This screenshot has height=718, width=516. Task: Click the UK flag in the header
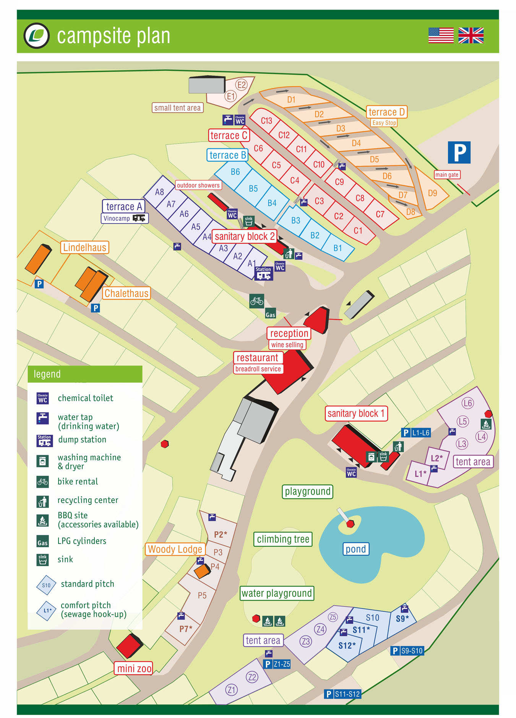(471, 35)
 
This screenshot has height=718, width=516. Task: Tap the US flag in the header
(441, 35)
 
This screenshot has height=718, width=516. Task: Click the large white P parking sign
(459, 152)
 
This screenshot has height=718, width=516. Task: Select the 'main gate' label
(446, 174)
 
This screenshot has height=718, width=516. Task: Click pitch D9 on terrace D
(432, 193)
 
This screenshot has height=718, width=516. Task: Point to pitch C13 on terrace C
(266, 120)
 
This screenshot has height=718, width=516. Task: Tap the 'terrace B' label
(227, 155)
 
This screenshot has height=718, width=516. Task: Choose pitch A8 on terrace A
(159, 192)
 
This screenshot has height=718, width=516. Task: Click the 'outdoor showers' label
(198, 185)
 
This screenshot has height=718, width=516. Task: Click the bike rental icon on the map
(256, 301)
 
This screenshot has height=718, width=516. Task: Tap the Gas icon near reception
(270, 314)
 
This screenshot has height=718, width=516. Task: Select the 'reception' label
(289, 333)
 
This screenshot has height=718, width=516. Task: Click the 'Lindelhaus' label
(84, 247)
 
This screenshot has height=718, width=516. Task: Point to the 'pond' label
(355, 549)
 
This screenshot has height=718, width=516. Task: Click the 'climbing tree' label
(283, 539)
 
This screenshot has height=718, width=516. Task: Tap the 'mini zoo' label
(134, 668)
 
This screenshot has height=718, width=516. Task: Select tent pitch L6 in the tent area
(467, 403)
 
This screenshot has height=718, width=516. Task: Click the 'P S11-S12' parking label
(342, 694)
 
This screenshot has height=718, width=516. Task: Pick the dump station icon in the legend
(44, 440)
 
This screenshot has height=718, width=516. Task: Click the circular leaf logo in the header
(37, 36)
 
